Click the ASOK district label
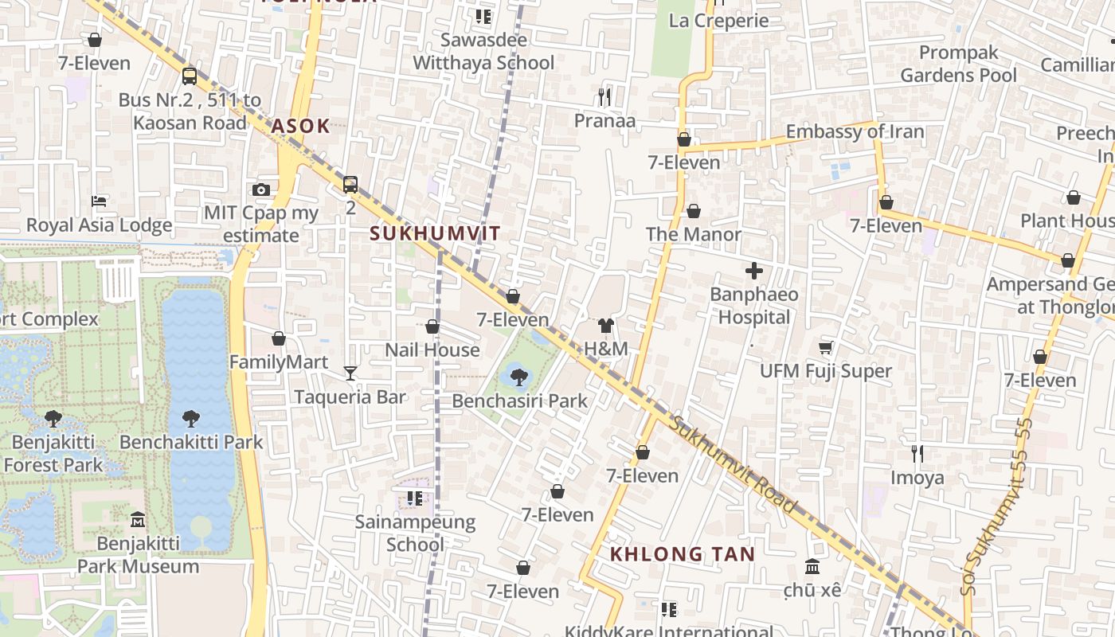tap(300, 126)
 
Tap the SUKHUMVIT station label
tap(436, 233)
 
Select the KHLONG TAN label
tap(683, 554)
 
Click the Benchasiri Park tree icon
tap(519, 377)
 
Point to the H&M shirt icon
tap(606, 326)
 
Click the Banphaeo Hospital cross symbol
tap(753, 271)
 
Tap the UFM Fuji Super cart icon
tap(826, 347)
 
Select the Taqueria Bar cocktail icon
tap(350, 373)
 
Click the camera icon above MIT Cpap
tap(260, 190)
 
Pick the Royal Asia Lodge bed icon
tap(99, 201)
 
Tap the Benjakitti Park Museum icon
tap(138, 519)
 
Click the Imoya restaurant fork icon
tap(917, 454)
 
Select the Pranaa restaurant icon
tap(604, 97)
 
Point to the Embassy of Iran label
tap(855, 131)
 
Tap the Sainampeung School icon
tap(414, 498)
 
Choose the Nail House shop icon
tap(432, 326)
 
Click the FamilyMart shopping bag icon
tap(279, 338)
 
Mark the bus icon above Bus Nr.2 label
tap(190, 76)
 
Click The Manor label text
tap(693, 234)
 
